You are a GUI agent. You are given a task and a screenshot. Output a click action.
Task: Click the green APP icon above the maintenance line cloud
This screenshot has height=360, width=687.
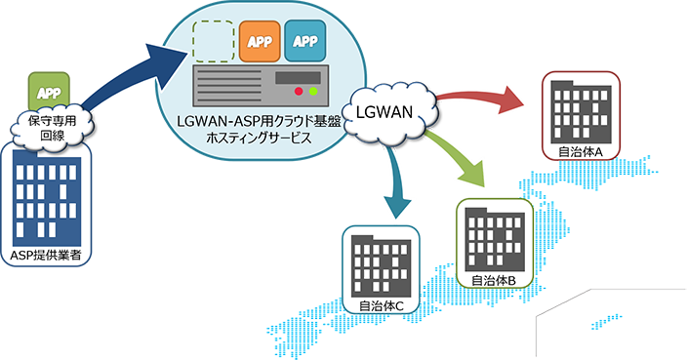[49, 91]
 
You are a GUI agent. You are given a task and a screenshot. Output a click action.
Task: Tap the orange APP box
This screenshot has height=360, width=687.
[260, 41]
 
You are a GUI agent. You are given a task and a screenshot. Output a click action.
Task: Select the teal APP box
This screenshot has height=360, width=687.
[304, 41]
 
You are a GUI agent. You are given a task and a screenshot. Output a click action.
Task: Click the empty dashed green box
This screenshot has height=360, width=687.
[213, 41]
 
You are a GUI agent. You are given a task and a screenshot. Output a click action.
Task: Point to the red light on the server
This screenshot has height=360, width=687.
[299, 91]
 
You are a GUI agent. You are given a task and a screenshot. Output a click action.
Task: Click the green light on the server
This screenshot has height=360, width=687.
[313, 91]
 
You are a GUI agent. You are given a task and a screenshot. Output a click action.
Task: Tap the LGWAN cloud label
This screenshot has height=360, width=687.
[384, 112]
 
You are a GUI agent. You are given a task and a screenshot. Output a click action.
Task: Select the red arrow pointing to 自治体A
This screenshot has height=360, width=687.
[477, 100]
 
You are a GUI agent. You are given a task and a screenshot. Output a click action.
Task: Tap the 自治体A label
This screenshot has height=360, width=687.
[581, 152]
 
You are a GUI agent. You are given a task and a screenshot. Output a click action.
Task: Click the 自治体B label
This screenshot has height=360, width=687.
[494, 280]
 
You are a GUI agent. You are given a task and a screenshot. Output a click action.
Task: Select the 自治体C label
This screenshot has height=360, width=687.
[381, 306]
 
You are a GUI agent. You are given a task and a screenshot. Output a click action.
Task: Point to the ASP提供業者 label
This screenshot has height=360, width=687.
[46, 256]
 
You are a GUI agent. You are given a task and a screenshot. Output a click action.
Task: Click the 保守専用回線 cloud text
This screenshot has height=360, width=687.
[52, 128]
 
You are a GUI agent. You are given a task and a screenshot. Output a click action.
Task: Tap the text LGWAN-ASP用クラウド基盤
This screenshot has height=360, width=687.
[259, 121]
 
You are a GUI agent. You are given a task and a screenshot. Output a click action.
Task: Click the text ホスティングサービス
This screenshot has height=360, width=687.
[259, 138]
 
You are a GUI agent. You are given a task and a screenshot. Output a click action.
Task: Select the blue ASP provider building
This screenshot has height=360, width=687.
[47, 198]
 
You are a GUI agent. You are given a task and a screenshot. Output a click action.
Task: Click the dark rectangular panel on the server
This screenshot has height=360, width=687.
[298, 78]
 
